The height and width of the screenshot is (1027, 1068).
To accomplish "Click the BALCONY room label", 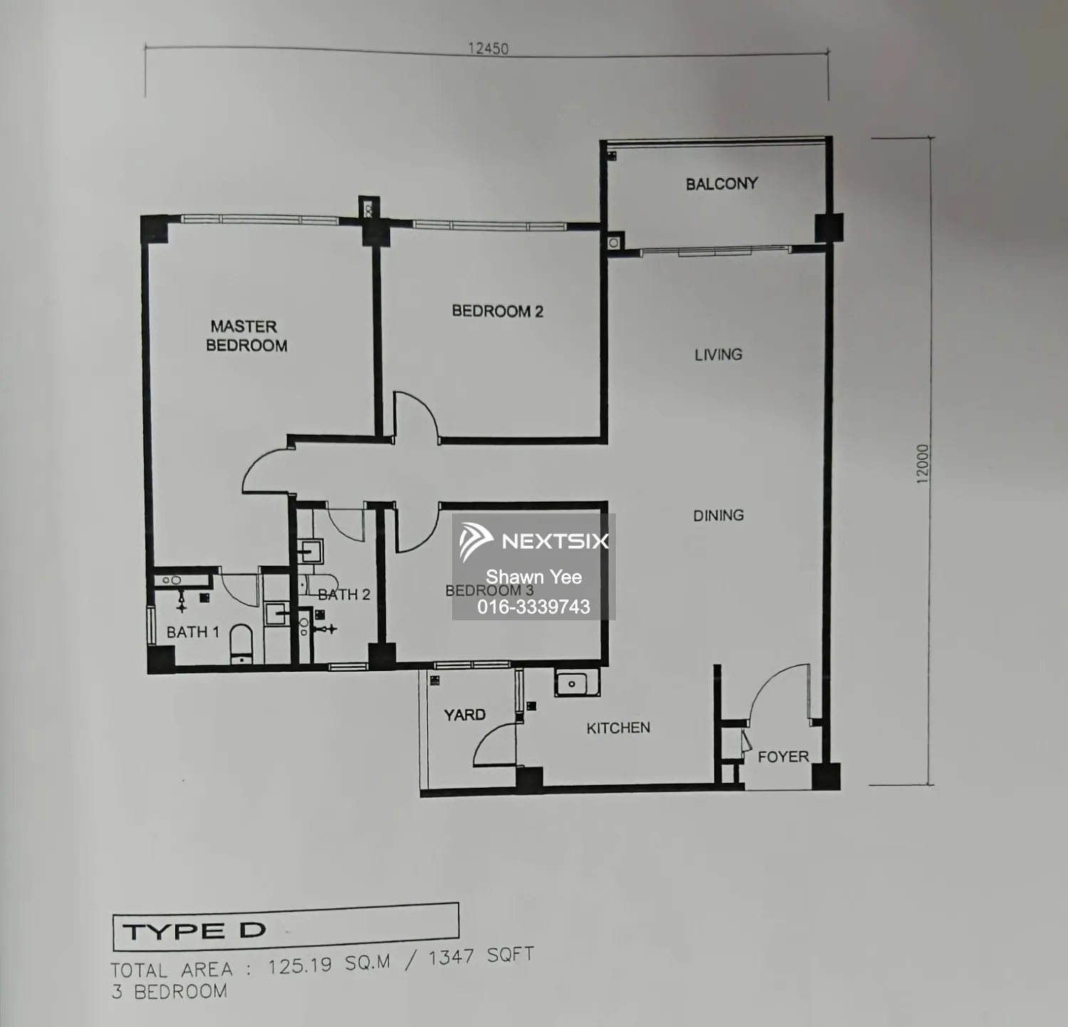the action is (x=721, y=184).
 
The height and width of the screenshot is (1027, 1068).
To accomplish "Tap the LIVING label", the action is (x=718, y=354).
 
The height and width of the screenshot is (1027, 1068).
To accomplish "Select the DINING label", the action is (x=718, y=515).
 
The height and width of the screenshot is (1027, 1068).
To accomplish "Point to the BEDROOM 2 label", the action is (x=497, y=311).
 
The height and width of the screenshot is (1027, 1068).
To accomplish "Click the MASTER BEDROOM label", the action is (x=246, y=336).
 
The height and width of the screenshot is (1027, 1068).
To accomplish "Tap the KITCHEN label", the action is (x=618, y=727).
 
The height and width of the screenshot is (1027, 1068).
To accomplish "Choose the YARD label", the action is (x=464, y=715).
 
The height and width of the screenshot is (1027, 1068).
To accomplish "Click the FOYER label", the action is (x=783, y=757).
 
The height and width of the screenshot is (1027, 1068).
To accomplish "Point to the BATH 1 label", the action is (x=192, y=632).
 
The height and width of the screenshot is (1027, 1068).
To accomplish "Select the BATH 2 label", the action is (x=344, y=594).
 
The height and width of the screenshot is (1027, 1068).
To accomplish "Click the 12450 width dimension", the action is (x=488, y=48).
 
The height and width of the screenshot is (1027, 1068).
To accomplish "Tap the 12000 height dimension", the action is (x=923, y=464).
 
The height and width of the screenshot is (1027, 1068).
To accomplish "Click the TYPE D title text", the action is (x=194, y=931).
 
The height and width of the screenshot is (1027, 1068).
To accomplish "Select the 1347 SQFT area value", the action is (x=481, y=957).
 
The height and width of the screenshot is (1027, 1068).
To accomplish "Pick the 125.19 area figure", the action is (x=300, y=966).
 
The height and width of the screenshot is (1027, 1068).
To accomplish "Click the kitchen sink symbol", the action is (x=572, y=684).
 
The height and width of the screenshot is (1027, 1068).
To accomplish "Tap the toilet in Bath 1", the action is (x=241, y=644).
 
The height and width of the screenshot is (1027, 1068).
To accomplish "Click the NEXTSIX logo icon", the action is (x=475, y=541).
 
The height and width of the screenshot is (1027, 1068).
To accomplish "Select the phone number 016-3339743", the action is (x=533, y=606).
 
